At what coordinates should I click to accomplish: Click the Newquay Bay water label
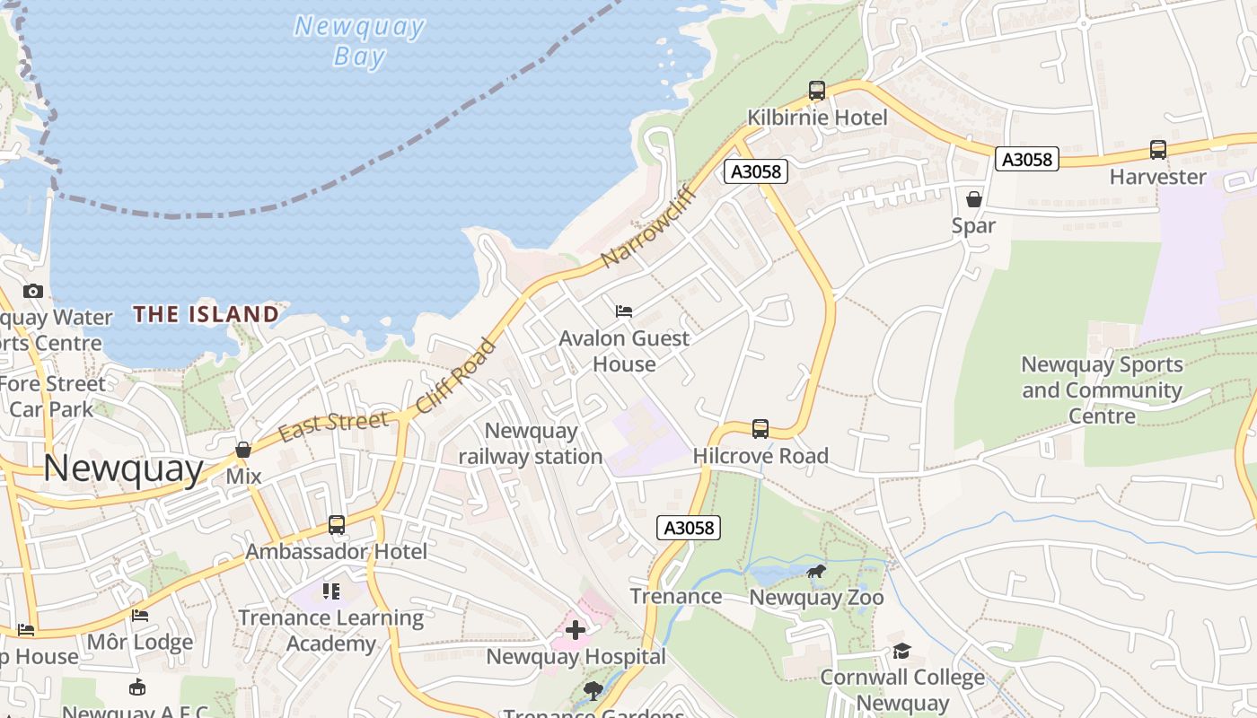(359, 41)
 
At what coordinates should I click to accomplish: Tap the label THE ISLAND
(206, 314)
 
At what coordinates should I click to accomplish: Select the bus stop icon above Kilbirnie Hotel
(816, 91)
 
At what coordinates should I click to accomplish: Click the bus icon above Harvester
(1158, 150)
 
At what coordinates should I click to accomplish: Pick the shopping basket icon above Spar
(974, 199)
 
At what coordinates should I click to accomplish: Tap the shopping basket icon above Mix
(243, 450)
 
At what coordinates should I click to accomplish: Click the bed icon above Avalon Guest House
(624, 311)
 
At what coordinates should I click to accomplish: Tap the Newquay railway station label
(531, 443)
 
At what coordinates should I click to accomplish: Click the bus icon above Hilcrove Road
(760, 429)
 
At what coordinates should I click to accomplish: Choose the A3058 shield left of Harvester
(1027, 160)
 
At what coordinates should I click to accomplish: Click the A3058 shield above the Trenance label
(690, 528)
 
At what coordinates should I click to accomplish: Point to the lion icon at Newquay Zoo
(816, 572)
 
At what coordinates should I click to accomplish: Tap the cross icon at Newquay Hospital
(576, 630)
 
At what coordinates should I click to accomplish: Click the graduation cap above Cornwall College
(902, 651)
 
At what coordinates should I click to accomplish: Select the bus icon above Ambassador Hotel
(337, 525)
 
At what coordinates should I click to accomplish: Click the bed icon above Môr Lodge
(140, 616)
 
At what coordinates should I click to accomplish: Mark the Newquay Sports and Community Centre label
(1102, 390)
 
